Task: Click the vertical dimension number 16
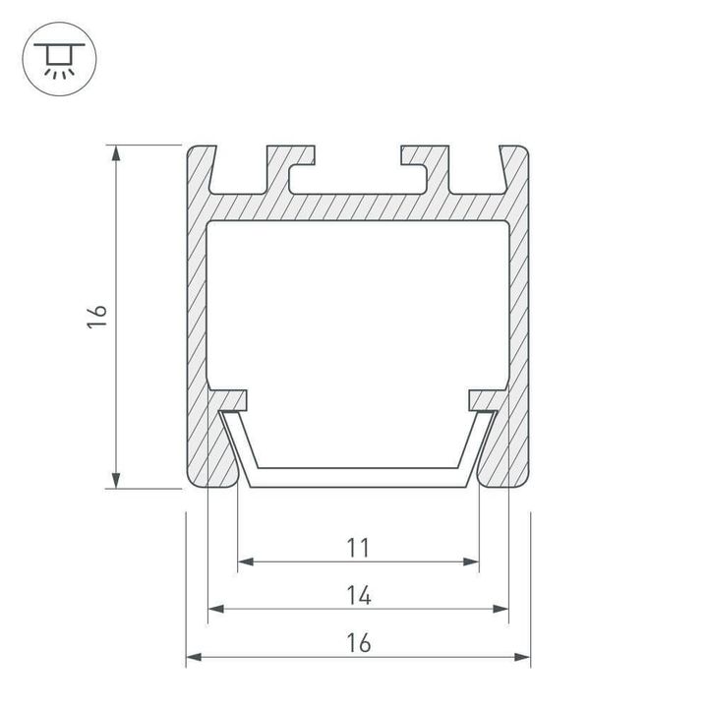(x=96, y=316)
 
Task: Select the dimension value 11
(x=358, y=546)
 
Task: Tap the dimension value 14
(x=358, y=594)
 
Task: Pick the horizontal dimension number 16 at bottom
(x=358, y=643)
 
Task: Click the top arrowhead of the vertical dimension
(x=117, y=151)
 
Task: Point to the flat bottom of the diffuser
(x=358, y=478)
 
